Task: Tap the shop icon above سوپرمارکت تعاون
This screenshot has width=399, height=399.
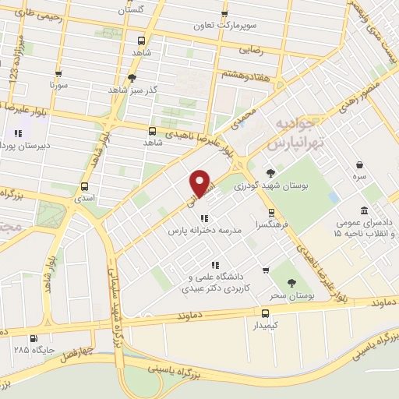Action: tap(224, 14)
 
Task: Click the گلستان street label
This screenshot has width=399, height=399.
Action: tap(132, 10)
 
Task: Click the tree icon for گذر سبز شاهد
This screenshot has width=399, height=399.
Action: tap(132, 77)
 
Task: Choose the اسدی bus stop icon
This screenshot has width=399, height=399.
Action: tap(84, 186)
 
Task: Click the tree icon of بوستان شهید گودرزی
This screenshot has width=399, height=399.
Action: tap(270, 173)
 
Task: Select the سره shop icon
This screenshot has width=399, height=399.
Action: tap(359, 165)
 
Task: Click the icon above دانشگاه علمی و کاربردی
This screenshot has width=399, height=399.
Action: tap(204, 263)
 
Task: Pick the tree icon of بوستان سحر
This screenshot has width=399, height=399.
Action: tap(291, 284)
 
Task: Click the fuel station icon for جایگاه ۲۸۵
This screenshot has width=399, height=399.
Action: tap(33, 339)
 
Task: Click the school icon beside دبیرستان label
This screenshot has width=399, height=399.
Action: tap(17, 133)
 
